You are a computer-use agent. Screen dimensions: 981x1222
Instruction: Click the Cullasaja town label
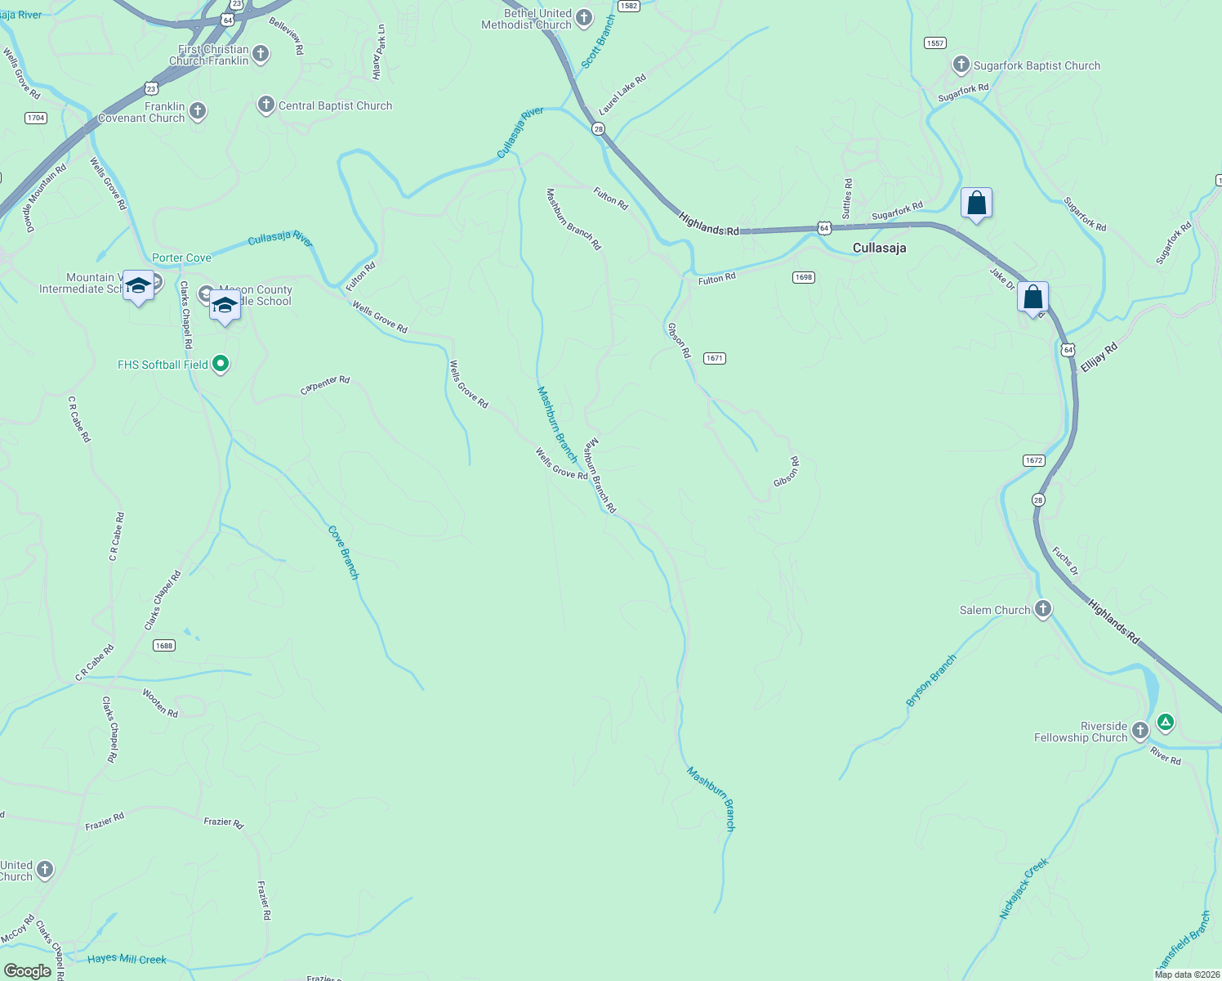[x=879, y=248]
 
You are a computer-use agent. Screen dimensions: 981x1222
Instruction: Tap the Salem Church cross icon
[x=1042, y=609]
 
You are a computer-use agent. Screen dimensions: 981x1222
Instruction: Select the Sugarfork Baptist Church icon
[x=961, y=65]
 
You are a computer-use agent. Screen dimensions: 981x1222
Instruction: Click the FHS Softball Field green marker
[x=221, y=364]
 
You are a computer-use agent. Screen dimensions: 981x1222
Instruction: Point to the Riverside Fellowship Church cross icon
[x=1140, y=731]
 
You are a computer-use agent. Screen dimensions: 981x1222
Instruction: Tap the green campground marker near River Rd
[x=1166, y=722]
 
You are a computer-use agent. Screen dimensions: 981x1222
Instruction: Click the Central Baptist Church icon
[x=265, y=105]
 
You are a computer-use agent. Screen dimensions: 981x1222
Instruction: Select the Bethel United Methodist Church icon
[x=584, y=18]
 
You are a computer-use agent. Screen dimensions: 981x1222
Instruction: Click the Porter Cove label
[x=181, y=258]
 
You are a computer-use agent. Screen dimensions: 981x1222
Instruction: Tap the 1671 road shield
[x=715, y=358]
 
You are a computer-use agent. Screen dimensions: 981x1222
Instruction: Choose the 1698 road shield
[x=804, y=277]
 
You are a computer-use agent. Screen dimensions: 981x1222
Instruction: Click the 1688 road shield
[x=164, y=645]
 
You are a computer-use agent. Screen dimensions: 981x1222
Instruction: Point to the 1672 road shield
[x=1034, y=460]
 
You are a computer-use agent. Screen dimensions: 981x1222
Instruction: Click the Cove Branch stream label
[x=344, y=553]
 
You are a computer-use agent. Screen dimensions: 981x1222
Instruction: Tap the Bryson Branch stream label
[x=931, y=680]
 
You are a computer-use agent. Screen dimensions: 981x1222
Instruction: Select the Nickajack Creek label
[x=1024, y=889]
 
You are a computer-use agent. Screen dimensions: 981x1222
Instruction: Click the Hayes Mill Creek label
[x=127, y=959]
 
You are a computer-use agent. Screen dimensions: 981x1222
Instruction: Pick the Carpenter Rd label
[x=325, y=385]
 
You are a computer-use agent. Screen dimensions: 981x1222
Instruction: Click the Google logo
[x=28, y=971]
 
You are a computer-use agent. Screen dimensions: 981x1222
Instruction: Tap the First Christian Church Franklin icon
[x=261, y=55]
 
